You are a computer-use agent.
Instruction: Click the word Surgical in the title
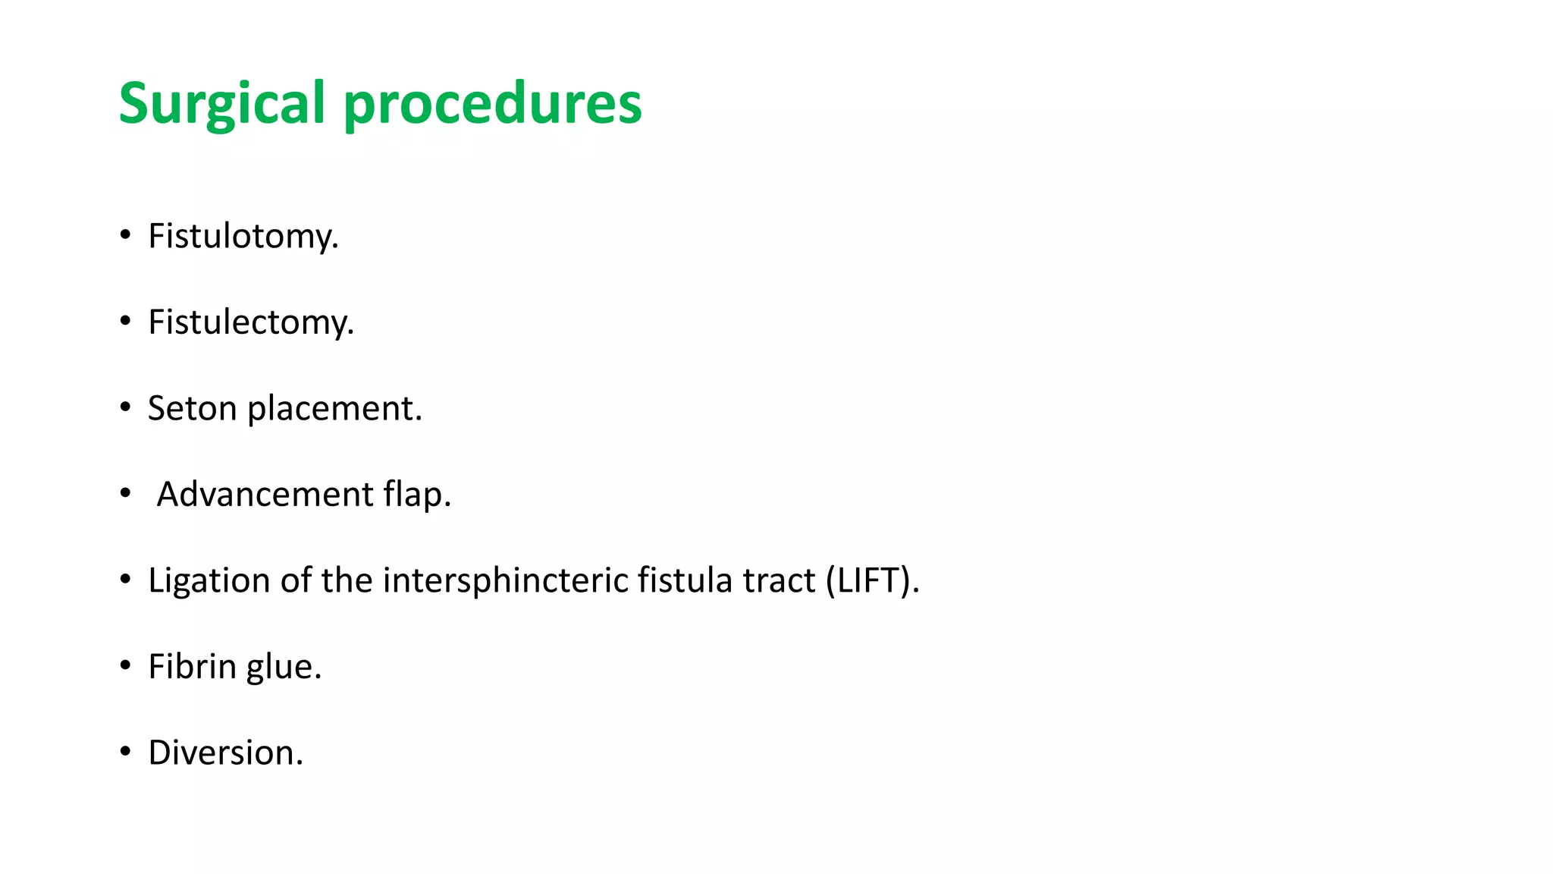click(x=221, y=103)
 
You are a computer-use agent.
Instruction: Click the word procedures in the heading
click(x=493, y=103)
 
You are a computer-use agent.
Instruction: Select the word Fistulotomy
click(x=243, y=236)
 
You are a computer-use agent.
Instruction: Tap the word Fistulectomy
click(x=251, y=322)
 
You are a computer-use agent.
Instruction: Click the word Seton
click(x=193, y=408)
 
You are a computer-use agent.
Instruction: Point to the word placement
click(x=334, y=408)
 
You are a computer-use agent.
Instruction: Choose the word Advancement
click(x=265, y=495)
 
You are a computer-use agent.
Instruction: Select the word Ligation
click(x=209, y=580)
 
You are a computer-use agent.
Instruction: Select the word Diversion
click(x=225, y=753)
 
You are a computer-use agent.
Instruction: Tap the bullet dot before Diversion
click(x=125, y=752)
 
